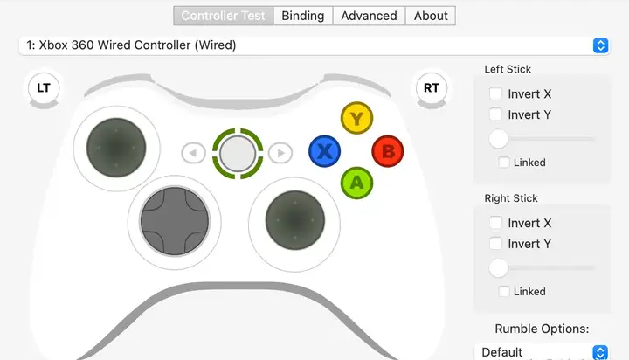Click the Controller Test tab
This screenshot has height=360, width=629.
223,16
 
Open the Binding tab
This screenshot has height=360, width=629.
302,16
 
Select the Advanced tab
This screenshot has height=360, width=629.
369,16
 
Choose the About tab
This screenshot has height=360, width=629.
431,16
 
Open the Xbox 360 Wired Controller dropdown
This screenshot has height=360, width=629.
314,45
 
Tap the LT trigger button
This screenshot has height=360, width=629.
42,87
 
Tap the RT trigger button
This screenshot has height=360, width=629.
431,87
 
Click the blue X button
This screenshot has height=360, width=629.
324,152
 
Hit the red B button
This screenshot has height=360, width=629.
388,152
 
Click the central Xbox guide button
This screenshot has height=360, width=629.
237,153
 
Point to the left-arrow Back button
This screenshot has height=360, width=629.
193,154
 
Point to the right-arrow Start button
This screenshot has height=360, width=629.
280,154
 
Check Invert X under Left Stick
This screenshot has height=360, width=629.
496,93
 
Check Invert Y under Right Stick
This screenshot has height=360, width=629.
496,244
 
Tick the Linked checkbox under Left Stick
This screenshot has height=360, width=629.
504,162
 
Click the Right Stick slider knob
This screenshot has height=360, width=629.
499,267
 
